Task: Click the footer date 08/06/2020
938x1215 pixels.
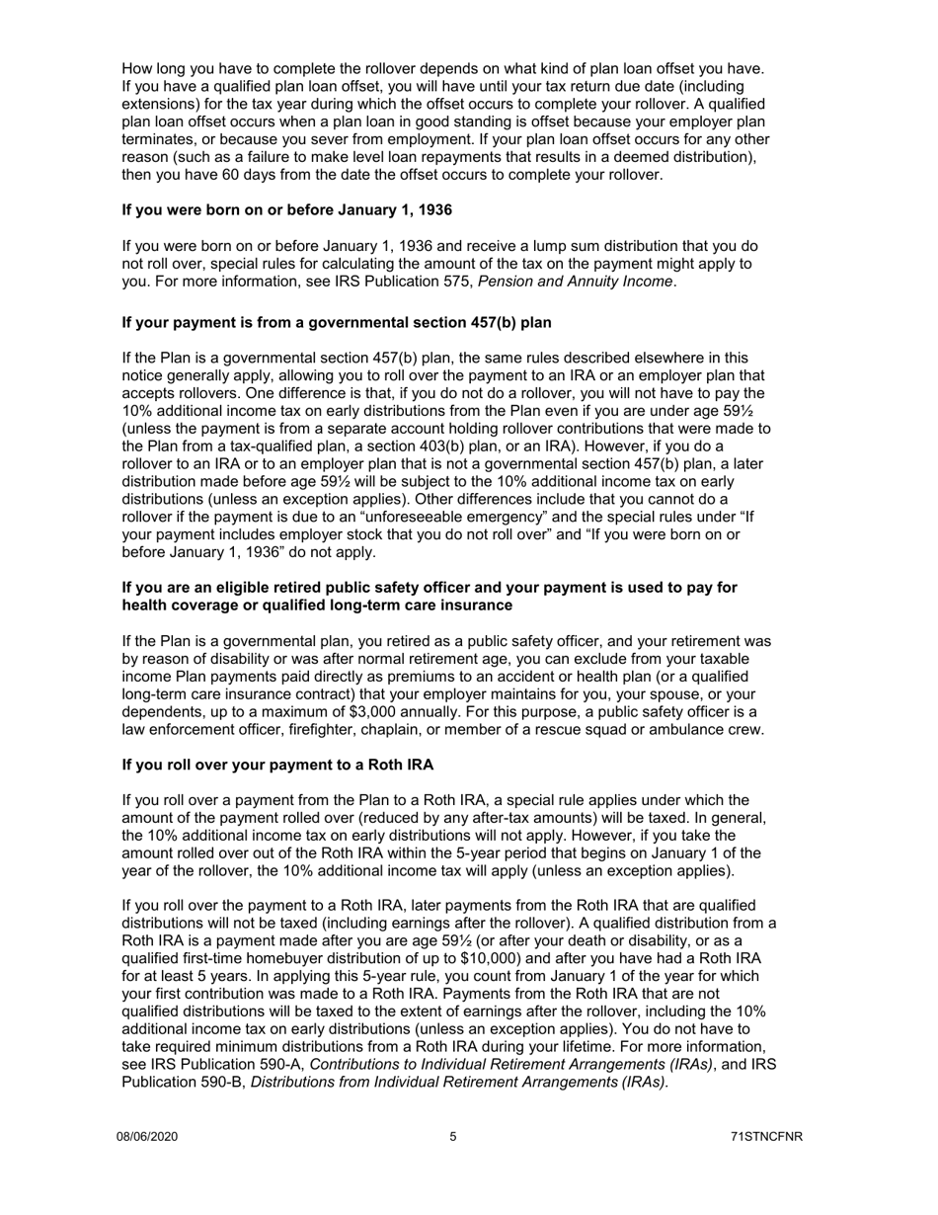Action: point(147,1137)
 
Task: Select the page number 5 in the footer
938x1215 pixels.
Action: point(453,1137)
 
